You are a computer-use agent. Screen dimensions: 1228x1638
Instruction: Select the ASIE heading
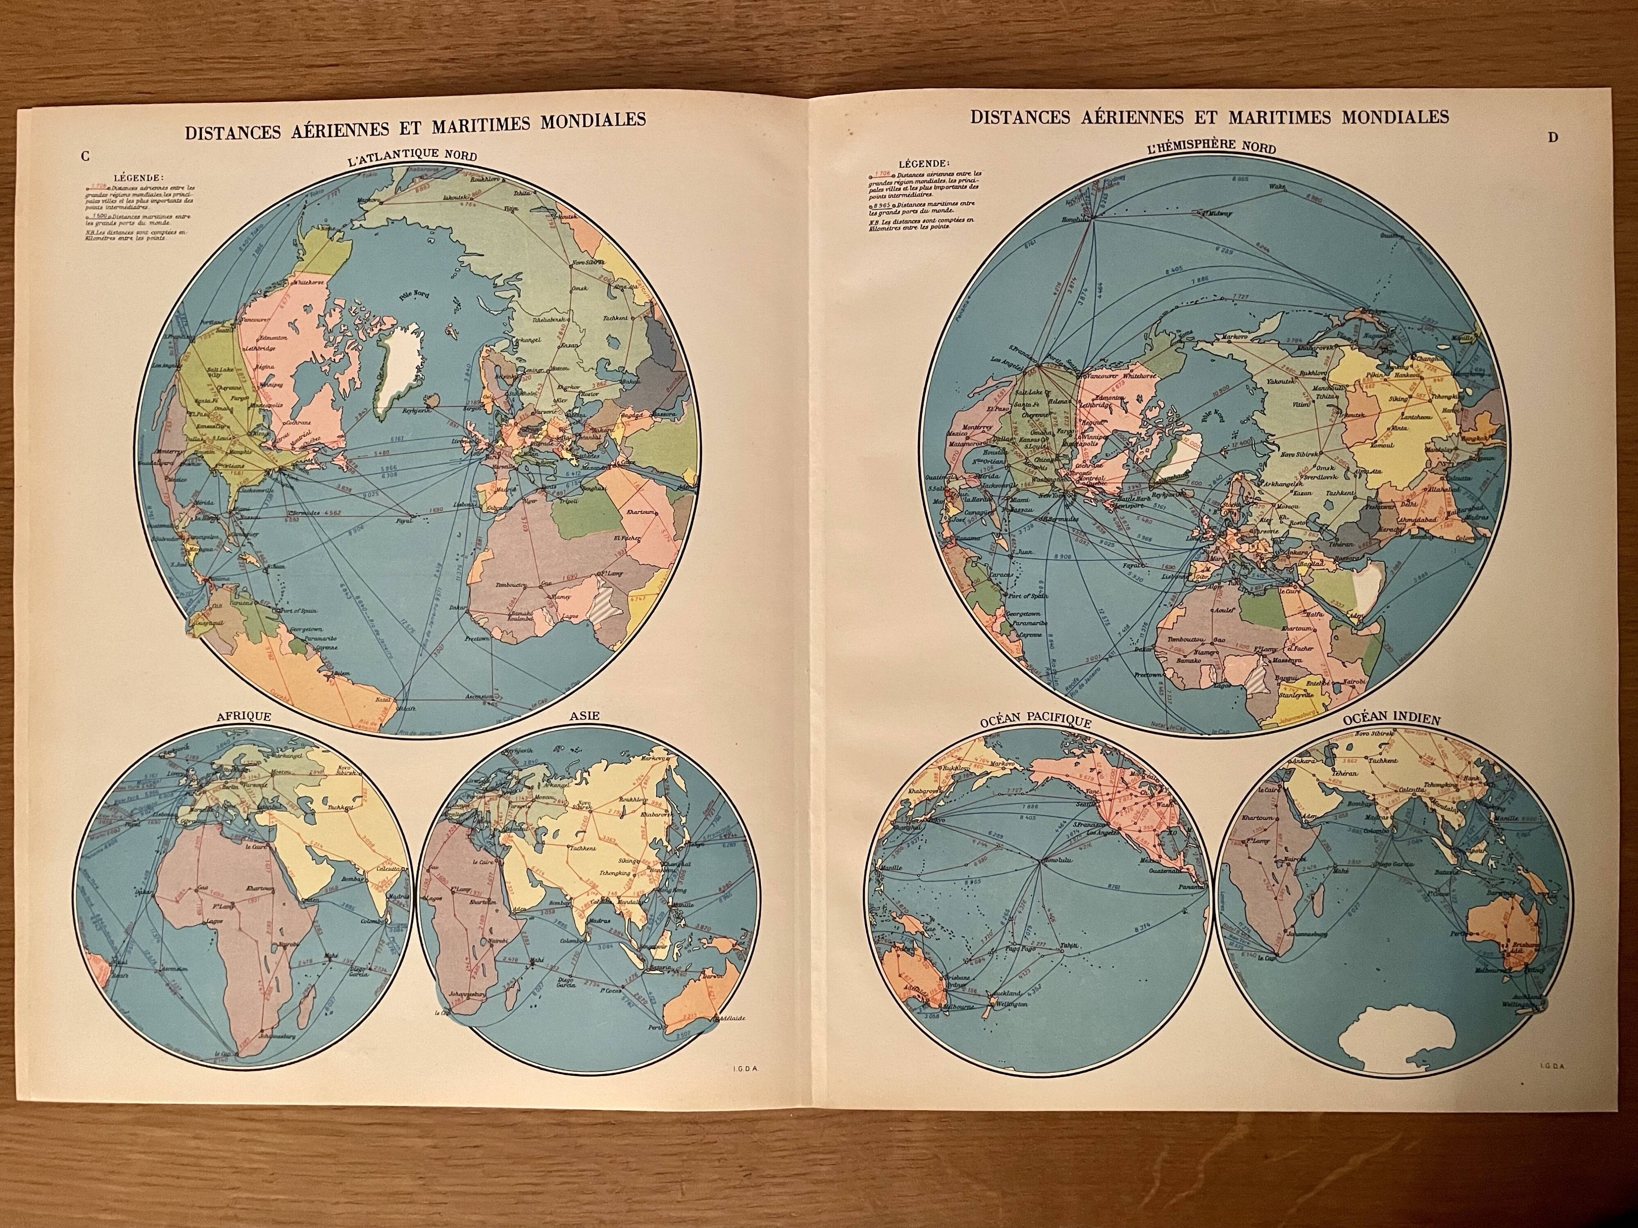pyautogui.click(x=584, y=716)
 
